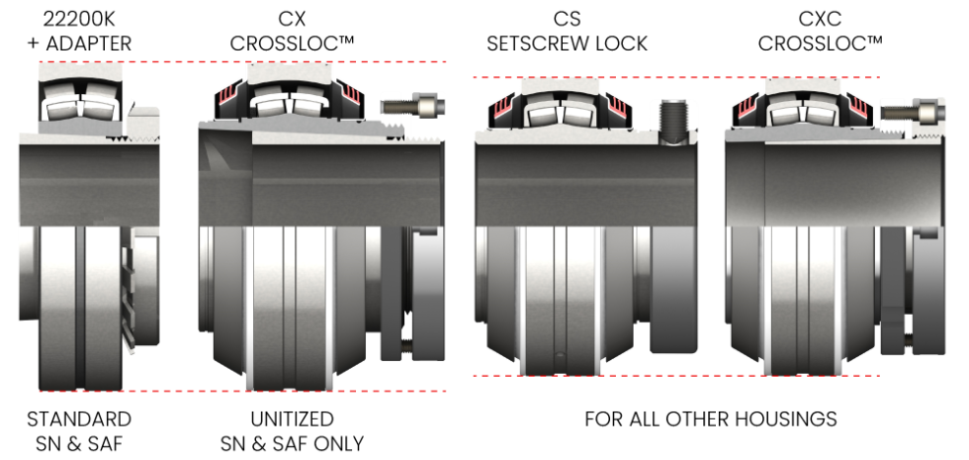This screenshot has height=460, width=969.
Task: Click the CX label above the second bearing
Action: click(292, 19)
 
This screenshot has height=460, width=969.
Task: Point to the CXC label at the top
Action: click(820, 19)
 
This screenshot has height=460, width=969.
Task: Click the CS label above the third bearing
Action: click(567, 19)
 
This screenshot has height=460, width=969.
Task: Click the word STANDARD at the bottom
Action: click(79, 419)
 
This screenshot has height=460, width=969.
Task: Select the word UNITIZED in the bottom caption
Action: click(292, 419)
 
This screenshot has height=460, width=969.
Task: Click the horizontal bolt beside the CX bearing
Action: click(412, 107)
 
